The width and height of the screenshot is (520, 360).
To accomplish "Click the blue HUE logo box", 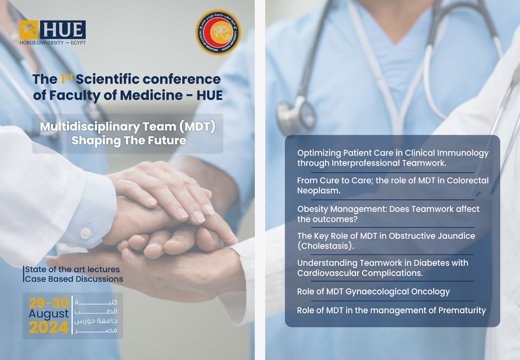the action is [63, 30].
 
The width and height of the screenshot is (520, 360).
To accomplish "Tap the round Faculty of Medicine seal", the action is [218, 32].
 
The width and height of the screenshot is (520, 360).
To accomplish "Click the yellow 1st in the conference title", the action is [66, 79].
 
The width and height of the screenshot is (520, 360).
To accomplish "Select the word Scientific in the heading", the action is [108, 79].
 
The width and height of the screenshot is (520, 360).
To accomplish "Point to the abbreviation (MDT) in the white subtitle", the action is [197, 126].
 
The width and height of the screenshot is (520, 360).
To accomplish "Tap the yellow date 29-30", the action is [49, 303].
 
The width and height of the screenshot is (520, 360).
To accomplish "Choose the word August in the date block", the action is [49, 314].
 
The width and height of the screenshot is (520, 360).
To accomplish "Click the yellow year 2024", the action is [49, 327].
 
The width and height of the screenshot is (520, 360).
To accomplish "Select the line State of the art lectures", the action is [72, 269].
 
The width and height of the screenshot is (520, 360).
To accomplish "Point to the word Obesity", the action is [312, 209].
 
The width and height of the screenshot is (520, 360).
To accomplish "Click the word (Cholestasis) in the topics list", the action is [326, 246].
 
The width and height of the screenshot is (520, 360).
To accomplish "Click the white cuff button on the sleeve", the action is [85, 233].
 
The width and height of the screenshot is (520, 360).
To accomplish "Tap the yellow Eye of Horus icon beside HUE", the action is [29, 30].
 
